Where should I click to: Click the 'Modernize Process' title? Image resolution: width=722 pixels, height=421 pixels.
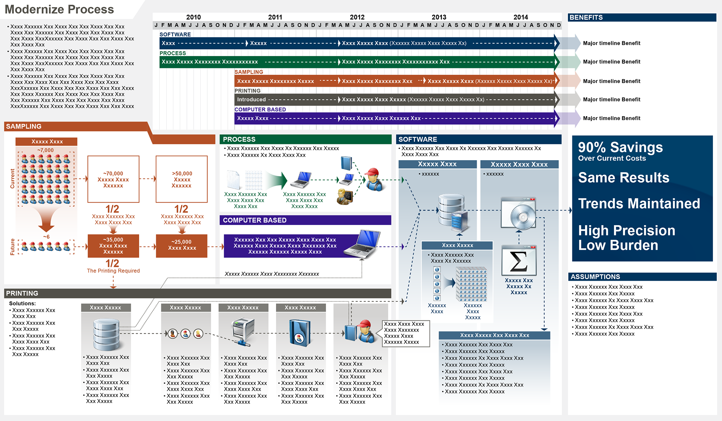[59, 9]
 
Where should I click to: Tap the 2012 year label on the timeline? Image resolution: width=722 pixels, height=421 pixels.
[357, 17]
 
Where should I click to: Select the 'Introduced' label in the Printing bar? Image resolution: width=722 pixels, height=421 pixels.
[251, 100]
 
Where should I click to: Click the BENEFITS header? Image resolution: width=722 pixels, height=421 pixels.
[586, 17]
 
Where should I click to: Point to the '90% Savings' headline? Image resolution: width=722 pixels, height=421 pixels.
[620, 147]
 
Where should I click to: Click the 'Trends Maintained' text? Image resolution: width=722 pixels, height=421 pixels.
[639, 204]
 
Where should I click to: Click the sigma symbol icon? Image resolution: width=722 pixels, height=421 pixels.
[519, 261]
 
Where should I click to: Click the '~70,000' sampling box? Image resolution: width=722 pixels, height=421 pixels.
[113, 179]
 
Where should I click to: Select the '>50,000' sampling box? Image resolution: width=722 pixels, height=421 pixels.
[182, 179]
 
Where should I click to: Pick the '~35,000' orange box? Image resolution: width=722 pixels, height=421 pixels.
[113, 246]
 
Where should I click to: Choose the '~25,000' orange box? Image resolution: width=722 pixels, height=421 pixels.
[182, 246]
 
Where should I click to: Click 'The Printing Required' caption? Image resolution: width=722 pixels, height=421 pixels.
[113, 271]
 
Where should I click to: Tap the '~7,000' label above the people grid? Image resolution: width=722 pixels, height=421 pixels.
[46, 150]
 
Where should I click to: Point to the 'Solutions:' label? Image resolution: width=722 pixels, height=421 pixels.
[23, 303]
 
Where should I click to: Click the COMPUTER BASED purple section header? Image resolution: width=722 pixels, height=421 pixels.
[255, 220]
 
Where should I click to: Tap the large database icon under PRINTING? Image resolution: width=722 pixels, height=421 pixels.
[106, 334]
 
